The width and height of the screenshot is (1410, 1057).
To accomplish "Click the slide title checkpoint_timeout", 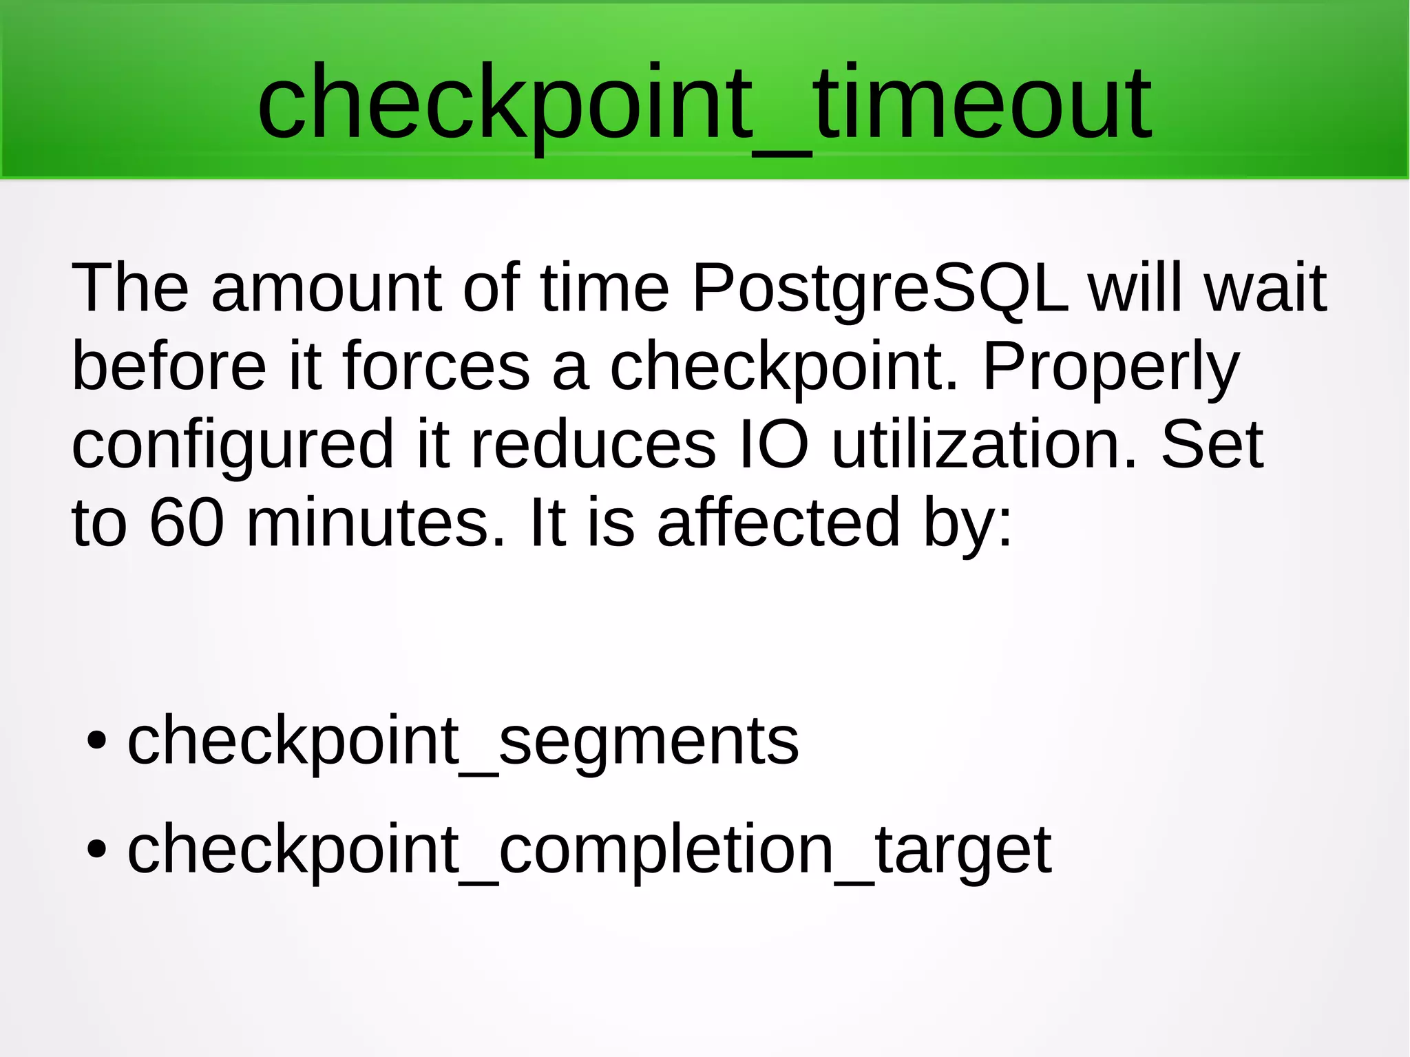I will click(x=704, y=103).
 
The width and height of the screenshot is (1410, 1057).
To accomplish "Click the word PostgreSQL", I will click(x=880, y=288).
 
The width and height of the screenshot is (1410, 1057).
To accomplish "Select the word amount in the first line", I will click(x=326, y=288).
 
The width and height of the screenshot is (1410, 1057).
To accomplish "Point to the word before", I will click(x=169, y=366).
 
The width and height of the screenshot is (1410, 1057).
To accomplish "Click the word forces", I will click(x=436, y=366).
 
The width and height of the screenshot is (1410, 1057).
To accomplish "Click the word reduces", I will click(x=593, y=445).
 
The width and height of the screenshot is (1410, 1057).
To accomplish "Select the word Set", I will click(x=1212, y=445).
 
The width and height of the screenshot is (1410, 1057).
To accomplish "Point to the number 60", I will click(x=187, y=523).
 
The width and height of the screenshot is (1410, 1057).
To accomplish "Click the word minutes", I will click(x=376, y=523).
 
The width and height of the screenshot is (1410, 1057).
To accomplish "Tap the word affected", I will click(x=779, y=523).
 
